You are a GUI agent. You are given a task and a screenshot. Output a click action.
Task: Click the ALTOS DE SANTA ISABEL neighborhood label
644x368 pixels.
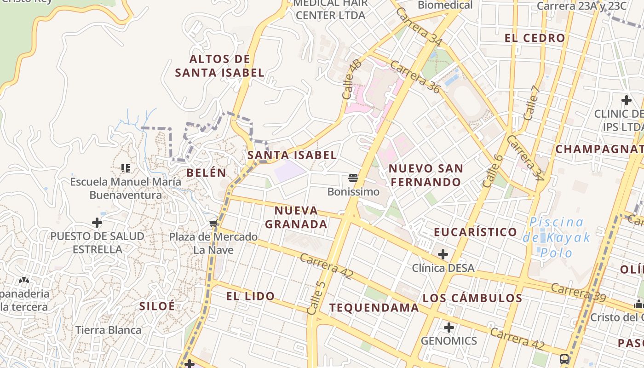pos(220,66)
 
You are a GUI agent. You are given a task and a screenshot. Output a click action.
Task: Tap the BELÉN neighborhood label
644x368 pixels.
pos(207,173)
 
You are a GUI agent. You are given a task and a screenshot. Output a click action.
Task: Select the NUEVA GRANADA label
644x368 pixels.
pos(296,218)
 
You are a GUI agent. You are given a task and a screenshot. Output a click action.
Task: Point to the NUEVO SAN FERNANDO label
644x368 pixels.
pos(426,175)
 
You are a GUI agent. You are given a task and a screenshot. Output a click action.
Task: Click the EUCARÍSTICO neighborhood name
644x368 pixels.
pos(476,232)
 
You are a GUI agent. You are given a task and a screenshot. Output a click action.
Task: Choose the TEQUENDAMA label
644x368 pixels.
pos(374,308)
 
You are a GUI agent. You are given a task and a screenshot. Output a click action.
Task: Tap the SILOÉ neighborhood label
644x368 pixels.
pos(157,306)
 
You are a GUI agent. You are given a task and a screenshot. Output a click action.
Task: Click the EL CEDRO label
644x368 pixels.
pos(535,38)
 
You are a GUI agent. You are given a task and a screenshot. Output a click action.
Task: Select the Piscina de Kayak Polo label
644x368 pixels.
pos(556,237)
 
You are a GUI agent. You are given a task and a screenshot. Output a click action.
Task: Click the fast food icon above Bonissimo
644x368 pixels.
pos(353,178)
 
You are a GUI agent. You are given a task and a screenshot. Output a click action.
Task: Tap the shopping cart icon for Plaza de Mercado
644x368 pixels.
pos(213,224)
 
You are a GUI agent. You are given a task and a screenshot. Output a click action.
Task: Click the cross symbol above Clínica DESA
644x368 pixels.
pos(443,254)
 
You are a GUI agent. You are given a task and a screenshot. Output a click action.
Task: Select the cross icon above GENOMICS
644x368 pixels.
pos(449,328)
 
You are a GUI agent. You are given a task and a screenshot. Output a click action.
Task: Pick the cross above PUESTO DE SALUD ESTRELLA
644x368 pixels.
pos(97,223)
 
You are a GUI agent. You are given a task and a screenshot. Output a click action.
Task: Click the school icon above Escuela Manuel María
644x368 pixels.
pos(126,168)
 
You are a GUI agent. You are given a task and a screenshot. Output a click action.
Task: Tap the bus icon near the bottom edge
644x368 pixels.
pos(564,359)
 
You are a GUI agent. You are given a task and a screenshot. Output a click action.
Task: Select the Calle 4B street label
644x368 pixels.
pos(352,79)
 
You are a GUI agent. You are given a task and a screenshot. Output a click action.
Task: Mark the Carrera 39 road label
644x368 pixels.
pos(578,293)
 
